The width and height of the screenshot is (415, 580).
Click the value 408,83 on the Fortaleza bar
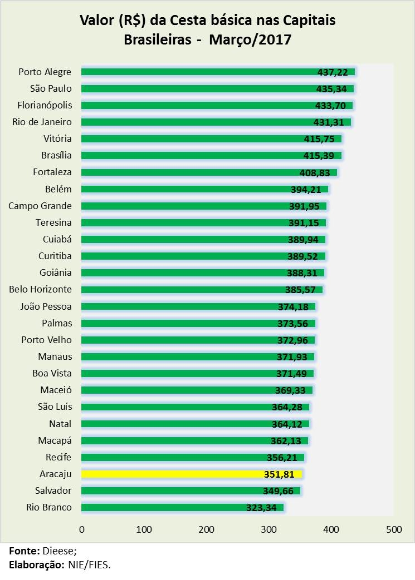(x=318, y=172)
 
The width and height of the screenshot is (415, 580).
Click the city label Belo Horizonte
(x=40, y=289)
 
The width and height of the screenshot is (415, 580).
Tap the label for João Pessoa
(x=46, y=306)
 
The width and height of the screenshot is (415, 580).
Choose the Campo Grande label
(x=40, y=206)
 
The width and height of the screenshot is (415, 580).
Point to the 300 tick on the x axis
(x=269, y=529)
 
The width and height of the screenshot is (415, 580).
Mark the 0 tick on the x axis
(x=82, y=529)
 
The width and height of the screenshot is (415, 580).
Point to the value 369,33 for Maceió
(x=294, y=390)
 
